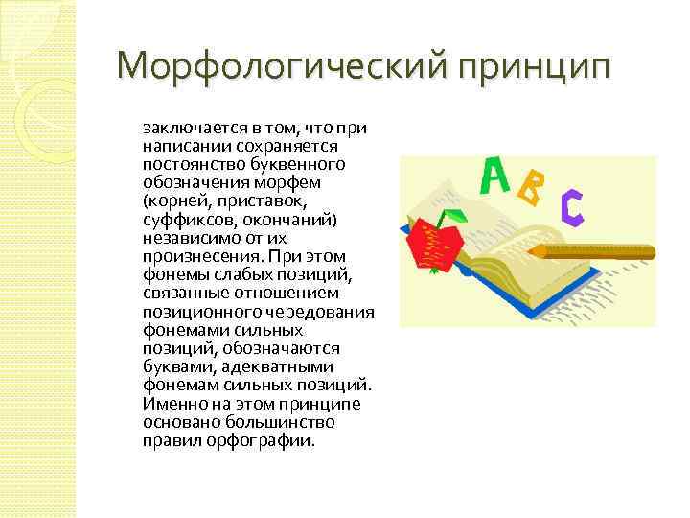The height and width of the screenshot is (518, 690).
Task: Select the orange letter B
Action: point(529,189)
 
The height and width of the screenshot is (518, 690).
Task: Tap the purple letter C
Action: point(572,207)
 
